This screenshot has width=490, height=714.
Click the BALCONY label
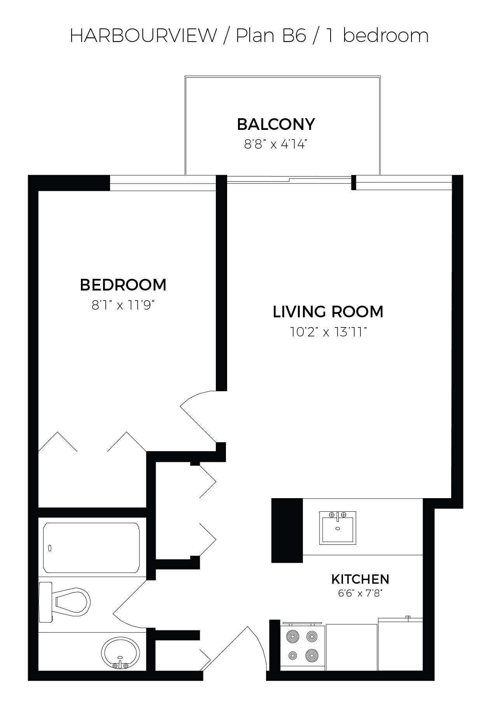click(276, 124)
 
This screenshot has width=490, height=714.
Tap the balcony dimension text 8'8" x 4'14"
click(276, 145)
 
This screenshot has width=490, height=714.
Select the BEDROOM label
click(123, 285)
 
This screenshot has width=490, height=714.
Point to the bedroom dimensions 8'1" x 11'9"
click(123, 305)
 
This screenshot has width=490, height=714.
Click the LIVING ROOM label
click(328, 312)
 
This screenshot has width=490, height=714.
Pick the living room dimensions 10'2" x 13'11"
click(328, 332)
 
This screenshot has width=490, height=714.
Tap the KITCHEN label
click(360, 579)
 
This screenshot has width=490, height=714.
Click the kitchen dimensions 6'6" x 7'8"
click(360, 594)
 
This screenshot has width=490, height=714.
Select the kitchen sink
click(338, 528)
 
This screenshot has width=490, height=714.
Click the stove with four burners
click(303, 647)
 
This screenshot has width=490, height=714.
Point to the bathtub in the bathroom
click(91, 548)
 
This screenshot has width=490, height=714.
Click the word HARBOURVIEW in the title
click(143, 36)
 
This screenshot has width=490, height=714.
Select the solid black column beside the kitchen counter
click(287, 530)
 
